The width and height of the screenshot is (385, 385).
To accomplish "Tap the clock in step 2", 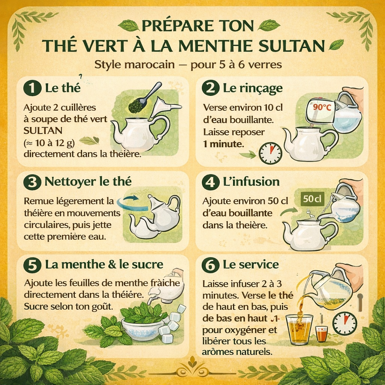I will click(x=270, y=153).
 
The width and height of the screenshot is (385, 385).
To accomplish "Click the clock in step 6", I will click(x=344, y=323).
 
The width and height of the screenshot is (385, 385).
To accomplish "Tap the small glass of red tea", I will click(x=321, y=333).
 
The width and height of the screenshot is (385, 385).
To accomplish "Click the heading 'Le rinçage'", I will click(x=252, y=88).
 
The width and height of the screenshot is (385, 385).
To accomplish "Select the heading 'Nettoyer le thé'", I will click(x=88, y=182).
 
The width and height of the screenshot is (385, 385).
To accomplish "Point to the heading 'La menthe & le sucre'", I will click(x=104, y=264).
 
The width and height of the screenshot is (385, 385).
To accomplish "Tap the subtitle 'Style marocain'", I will click(x=134, y=65).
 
